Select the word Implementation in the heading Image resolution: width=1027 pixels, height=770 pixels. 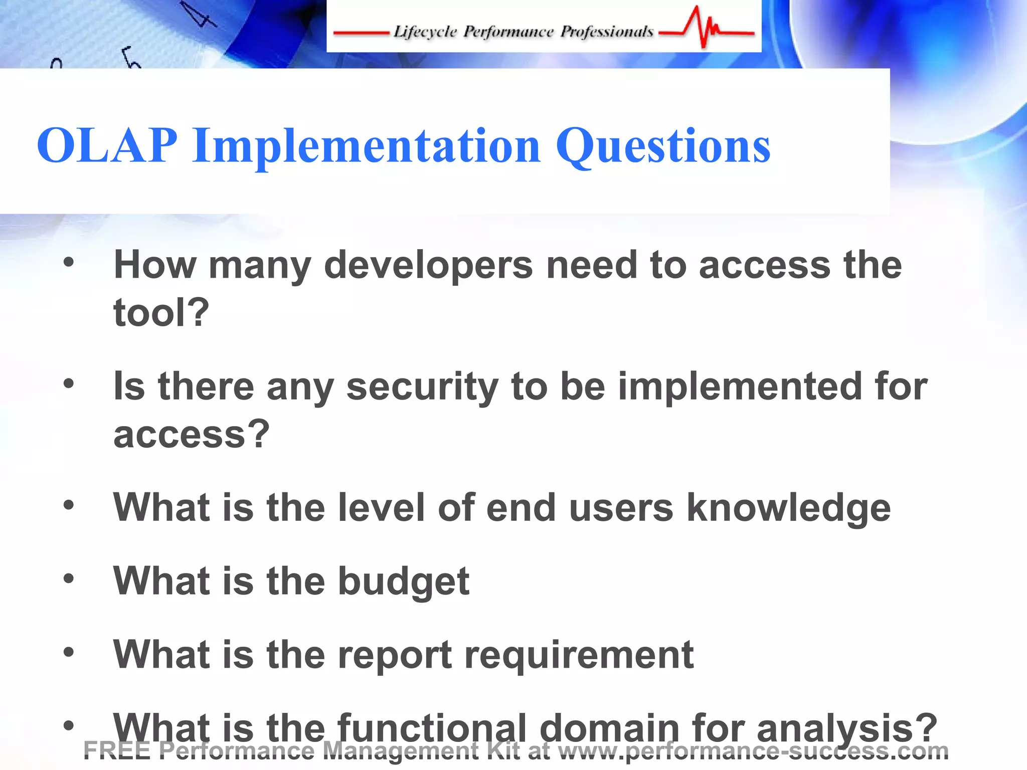pyautogui.click(x=367, y=146)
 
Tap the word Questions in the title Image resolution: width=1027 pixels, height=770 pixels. pyautogui.click(x=663, y=146)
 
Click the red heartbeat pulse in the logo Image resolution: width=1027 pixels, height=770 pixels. pyautogui.click(x=705, y=28)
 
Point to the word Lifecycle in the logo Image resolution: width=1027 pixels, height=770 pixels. pyautogui.click(x=425, y=32)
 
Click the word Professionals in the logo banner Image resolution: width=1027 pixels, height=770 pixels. pyautogui.click(x=607, y=32)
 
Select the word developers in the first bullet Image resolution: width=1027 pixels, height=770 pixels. pyautogui.click(x=429, y=266)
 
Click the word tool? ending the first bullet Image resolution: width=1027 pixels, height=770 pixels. pyautogui.click(x=161, y=312)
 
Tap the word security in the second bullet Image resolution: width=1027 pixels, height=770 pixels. pyautogui.click(x=422, y=387)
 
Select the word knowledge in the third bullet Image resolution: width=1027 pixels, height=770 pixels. pyautogui.click(x=788, y=508)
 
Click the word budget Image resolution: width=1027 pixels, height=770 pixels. pyautogui.click(x=404, y=582)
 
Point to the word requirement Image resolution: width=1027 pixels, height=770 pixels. pyautogui.click(x=579, y=655)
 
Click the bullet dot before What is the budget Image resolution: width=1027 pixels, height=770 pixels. pyautogui.click(x=69, y=579)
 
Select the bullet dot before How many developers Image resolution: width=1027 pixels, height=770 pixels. pyautogui.click(x=69, y=262)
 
